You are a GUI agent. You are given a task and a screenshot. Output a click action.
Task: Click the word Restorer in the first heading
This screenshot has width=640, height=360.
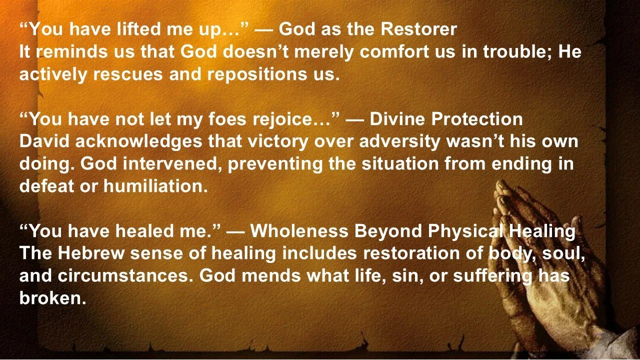(418, 29)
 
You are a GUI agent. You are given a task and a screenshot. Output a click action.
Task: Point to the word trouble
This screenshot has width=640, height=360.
(516, 52)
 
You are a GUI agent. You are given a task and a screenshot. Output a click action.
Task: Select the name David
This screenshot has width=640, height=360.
(44, 142)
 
